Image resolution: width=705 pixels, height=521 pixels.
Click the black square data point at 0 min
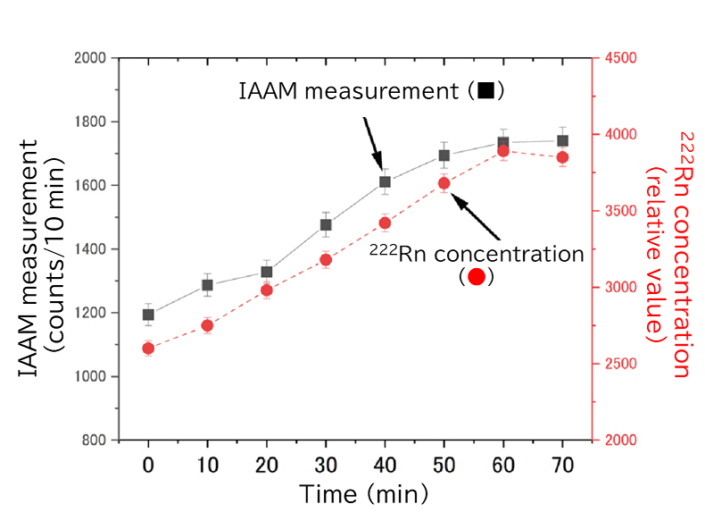(x=148, y=315)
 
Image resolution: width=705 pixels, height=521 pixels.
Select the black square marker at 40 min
(x=385, y=181)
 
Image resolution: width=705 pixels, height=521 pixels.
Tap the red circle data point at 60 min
(x=503, y=151)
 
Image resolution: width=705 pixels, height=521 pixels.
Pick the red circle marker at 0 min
(x=148, y=349)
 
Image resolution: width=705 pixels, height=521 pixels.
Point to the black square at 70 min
(x=562, y=140)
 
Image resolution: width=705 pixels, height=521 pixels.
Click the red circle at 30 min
(x=326, y=260)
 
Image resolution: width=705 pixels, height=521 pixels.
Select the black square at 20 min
(x=267, y=272)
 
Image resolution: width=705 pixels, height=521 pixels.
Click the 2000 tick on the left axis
(x=92, y=58)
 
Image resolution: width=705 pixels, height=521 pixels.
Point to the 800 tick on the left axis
(x=95, y=441)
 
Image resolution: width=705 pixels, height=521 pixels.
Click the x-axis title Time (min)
(x=363, y=493)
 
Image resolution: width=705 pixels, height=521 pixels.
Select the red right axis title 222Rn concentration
(x=673, y=250)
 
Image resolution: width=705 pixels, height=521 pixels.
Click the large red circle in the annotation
(x=477, y=277)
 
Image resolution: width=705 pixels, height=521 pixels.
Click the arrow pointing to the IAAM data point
(x=373, y=143)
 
